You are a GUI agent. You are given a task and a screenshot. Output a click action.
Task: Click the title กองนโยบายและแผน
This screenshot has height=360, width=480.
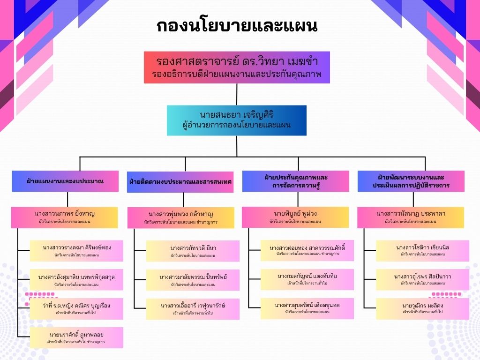(x=237, y=26)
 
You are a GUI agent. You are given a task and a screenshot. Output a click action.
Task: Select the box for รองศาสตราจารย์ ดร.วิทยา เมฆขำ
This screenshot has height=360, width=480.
(x=237, y=67)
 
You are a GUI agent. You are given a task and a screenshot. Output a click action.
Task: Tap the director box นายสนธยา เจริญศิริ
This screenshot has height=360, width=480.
(x=237, y=120)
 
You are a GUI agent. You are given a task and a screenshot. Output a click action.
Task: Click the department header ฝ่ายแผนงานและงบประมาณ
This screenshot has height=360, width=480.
(x=65, y=181)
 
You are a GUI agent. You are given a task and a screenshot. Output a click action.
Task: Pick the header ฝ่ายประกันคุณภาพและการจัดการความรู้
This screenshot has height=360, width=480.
(x=295, y=181)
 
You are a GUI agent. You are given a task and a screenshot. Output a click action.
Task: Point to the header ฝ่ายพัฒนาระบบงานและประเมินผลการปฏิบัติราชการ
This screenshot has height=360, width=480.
(x=411, y=181)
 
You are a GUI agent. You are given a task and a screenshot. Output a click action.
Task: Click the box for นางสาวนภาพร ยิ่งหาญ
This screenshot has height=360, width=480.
(x=65, y=217)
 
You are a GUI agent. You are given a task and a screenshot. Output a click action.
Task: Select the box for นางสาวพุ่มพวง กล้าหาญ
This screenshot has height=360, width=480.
(x=180, y=218)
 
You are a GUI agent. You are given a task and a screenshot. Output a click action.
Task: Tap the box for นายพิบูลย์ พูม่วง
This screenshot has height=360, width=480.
(x=295, y=217)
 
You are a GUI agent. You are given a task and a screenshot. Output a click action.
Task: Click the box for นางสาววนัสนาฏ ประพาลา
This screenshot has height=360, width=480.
(x=411, y=217)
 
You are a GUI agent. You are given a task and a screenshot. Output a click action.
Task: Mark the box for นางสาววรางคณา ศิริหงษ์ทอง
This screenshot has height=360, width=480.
(x=76, y=250)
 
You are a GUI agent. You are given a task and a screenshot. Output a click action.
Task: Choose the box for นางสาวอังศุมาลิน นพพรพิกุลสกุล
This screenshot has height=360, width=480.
(x=76, y=280)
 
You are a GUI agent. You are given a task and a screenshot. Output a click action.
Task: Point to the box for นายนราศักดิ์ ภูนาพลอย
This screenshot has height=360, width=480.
(x=76, y=337)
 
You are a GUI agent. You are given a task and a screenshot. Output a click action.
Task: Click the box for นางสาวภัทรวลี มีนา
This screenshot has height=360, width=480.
(x=193, y=251)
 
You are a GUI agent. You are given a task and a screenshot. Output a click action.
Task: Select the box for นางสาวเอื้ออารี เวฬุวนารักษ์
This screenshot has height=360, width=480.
(x=193, y=309)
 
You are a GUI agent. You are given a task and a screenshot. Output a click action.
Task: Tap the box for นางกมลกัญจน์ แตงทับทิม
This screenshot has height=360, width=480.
(x=307, y=279)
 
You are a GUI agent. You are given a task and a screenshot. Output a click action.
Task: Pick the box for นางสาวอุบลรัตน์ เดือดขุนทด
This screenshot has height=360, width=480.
(x=307, y=308)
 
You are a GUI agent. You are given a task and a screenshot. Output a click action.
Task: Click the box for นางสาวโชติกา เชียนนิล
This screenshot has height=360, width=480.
(x=422, y=250)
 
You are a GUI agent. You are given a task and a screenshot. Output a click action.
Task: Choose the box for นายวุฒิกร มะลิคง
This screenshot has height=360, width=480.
(x=422, y=308)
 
